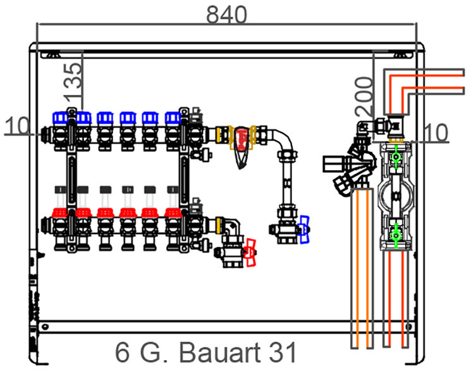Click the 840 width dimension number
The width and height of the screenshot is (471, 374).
[x=227, y=15]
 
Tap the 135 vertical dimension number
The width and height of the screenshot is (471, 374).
[x=73, y=82]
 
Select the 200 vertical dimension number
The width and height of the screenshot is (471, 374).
[x=364, y=96]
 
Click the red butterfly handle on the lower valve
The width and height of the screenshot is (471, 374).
[x=250, y=252]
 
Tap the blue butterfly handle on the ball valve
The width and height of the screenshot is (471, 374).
[x=305, y=230]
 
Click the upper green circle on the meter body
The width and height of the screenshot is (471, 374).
[x=396, y=157]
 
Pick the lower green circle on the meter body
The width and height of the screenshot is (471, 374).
[x=396, y=236]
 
